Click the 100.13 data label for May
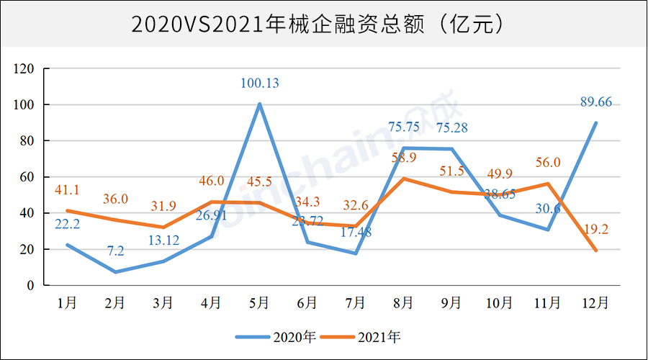click(259, 84)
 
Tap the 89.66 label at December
click(595, 102)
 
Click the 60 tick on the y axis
click(27, 177)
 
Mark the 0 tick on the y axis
click(31, 286)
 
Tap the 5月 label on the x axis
click(259, 303)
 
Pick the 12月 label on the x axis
click(595, 303)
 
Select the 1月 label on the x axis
click(67, 303)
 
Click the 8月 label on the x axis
click(403, 303)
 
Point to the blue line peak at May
click(259, 104)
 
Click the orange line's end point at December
click(595, 251)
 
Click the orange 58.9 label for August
click(403, 158)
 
